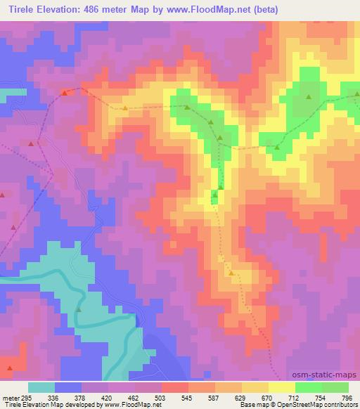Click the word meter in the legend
point(11,396)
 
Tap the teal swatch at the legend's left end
point(41,387)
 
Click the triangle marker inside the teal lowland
point(79,309)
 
